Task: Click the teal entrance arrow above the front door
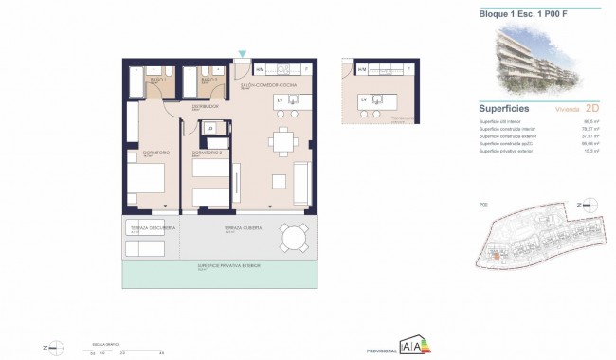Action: click(244, 54)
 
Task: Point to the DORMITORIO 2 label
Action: click(207, 152)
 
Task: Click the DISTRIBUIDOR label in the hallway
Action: click(206, 106)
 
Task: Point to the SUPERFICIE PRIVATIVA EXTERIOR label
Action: click(228, 266)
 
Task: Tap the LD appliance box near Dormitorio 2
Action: click(209, 129)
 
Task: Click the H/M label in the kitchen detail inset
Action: click(362, 69)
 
